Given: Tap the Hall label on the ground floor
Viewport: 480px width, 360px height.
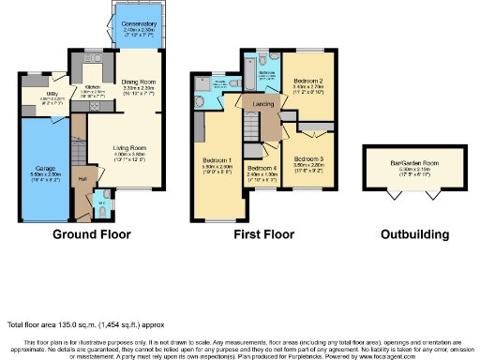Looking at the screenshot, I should point(82,177).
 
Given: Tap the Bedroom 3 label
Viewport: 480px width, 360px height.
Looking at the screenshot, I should point(307,158).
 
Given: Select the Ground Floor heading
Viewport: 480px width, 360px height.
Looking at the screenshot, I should point(92,234).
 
